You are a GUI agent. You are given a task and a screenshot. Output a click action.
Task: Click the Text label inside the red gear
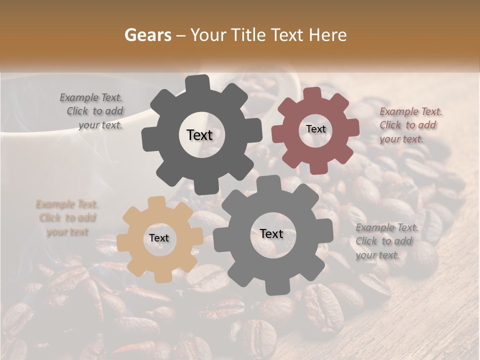(315, 129)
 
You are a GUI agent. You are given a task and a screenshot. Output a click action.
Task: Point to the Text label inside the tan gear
(159, 238)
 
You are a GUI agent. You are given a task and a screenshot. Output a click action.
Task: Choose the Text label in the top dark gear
(199, 135)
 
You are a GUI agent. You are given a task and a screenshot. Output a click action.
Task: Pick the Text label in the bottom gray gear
(271, 233)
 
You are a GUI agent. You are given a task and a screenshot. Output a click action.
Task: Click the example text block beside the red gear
(410, 125)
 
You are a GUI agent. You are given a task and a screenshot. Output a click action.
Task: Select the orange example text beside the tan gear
(67, 218)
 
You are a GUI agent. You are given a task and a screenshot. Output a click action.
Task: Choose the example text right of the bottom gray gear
(386, 241)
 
